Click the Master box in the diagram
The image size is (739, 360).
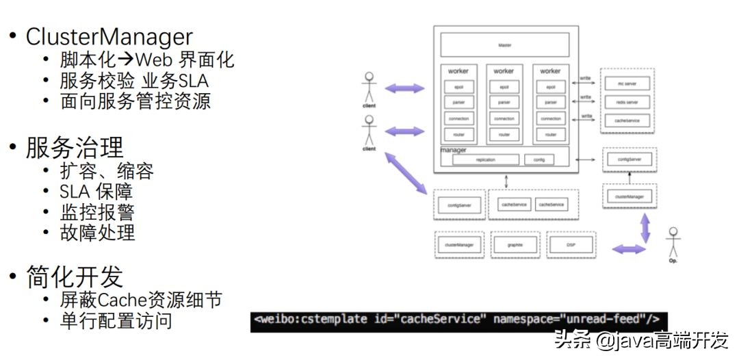tap(504, 45)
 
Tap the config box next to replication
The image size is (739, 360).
tap(539, 159)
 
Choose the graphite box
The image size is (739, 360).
tap(514, 244)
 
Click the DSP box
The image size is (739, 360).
tap(570, 244)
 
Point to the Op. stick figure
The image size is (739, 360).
tap(674, 243)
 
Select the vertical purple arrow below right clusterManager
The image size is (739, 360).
tap(645, 227)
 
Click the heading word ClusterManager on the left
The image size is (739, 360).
tap(109, 36)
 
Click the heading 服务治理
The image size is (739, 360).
tap(75, 147)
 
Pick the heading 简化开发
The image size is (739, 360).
tap(75, 277)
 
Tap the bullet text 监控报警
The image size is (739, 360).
tap(97, 211)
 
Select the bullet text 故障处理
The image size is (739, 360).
tap(97, 232)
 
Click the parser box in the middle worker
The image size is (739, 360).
tap(504, 103)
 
